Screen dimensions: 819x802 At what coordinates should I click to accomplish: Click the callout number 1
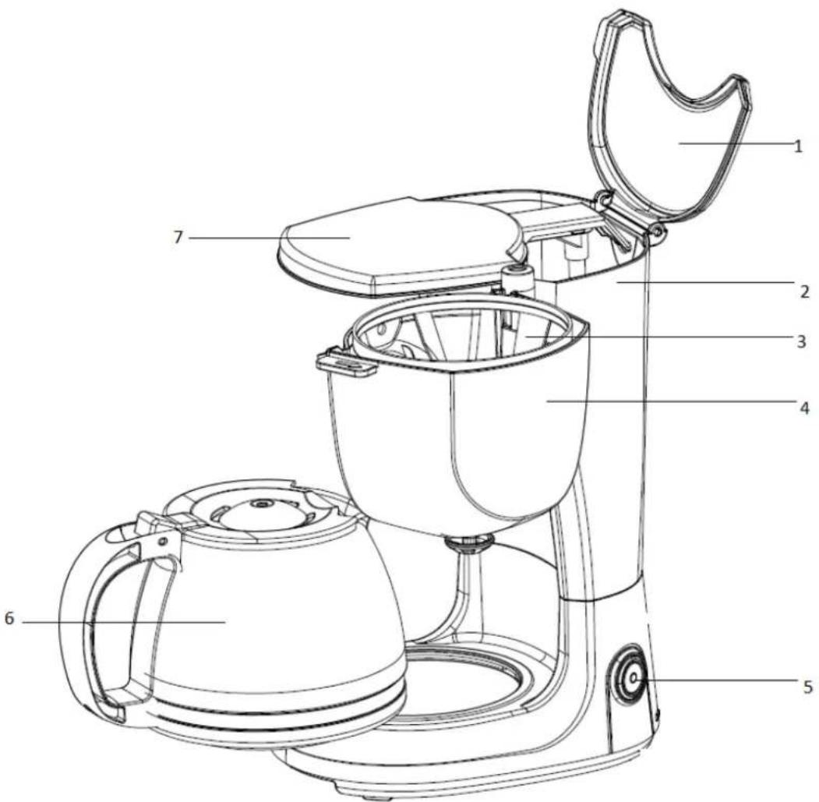pos(798,146)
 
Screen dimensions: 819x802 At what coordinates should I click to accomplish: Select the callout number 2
pos(804,292)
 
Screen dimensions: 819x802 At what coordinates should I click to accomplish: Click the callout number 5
pos(808,687)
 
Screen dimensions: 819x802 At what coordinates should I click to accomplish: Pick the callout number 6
pos(9,619)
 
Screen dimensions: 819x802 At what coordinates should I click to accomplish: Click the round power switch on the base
pos(628,678)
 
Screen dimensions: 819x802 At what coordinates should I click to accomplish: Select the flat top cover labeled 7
pos(390,242)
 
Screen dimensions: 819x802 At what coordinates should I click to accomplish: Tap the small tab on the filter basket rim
pos(344,363)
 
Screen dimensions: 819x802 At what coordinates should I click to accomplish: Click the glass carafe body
pos(273,616)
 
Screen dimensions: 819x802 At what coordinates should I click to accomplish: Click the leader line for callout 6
pos(117,621)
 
